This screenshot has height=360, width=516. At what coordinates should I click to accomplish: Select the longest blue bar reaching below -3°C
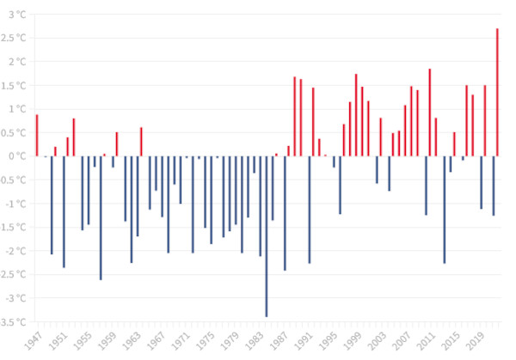coord(267,236)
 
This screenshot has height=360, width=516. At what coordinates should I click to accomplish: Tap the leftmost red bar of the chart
coord(37,135)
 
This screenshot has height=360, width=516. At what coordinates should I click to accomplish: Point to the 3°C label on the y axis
coord(16,14)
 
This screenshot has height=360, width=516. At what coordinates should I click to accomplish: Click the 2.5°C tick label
coord(15,38)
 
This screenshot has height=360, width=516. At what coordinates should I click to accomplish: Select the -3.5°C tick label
coord(14,322)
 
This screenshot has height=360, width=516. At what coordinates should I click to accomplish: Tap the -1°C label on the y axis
coord(15,204)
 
